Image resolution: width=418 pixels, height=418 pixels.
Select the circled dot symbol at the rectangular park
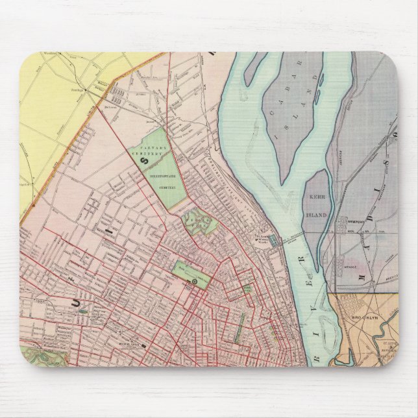pos(195,282)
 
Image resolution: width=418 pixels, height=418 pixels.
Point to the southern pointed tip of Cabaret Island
pos(284,180)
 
